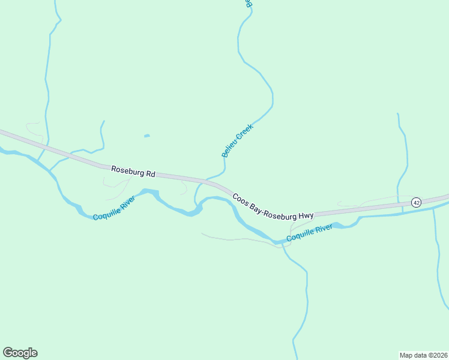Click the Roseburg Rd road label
point(133,172)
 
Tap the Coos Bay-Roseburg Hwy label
point(273,206)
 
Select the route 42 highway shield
point(417,203)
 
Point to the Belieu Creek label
point(238,140)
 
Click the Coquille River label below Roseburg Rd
point(114,208)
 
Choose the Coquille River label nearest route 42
point(309,233)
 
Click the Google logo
point(20,353)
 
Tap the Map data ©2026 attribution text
point(424,355)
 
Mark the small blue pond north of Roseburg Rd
point(146,136)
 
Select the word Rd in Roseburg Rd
point(151,174)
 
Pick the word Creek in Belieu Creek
point(244,132)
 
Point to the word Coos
point(240,197)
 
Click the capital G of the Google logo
point(8,352)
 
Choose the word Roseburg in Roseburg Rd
point(128,171)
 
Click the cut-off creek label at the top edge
point(247,3)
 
